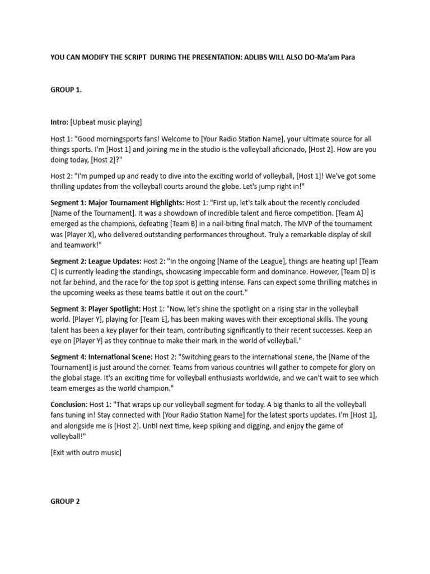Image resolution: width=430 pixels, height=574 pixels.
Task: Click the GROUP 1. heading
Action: [x=66, y=90]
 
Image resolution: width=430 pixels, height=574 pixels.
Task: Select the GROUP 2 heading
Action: [x=65, y=502]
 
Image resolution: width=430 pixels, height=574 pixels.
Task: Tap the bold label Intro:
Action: [x=59, y=122]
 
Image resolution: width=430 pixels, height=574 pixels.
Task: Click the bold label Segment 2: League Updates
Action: [x=96, y=261]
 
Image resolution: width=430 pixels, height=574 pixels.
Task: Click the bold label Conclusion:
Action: [x=69, y=405]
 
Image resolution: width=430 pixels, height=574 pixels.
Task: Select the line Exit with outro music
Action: [x=86, y=452]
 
